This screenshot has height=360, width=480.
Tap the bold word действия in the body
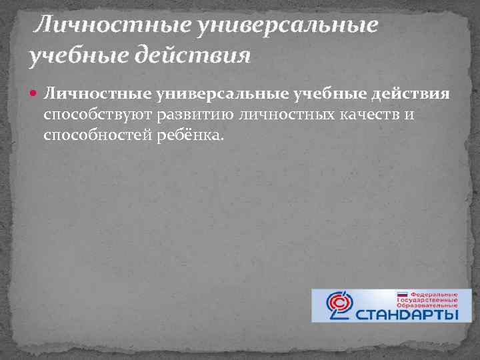tap(405, 95)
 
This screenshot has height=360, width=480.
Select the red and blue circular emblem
tap(343, 305)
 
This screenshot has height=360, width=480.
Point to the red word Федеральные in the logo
tap(433, 293)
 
